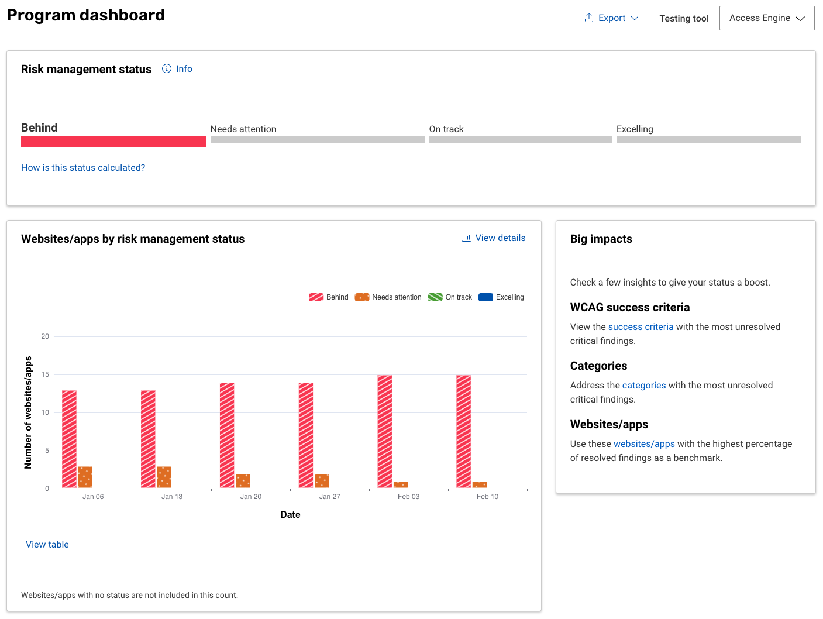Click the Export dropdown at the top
(611, 18)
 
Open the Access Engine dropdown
(766, 18)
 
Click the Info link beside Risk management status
(177, 69)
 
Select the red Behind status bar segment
(113, 142)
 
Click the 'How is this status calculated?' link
(83, 168)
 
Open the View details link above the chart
(494, 238)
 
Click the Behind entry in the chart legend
(329, 297)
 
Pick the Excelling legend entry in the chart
(501, 297)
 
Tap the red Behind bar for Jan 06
(69, 439)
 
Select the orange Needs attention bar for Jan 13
(164, 477)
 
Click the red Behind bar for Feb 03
(385, 431)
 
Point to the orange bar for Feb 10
(480, 484)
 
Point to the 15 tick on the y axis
(45, 374)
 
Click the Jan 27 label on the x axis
(329, 497)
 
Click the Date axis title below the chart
(290, 515)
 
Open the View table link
(47, 545)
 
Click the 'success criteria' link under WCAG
(641, 327)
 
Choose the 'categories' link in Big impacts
(644, 386)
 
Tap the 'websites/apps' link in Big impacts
(644, 444)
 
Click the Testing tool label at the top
(684, 19)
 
